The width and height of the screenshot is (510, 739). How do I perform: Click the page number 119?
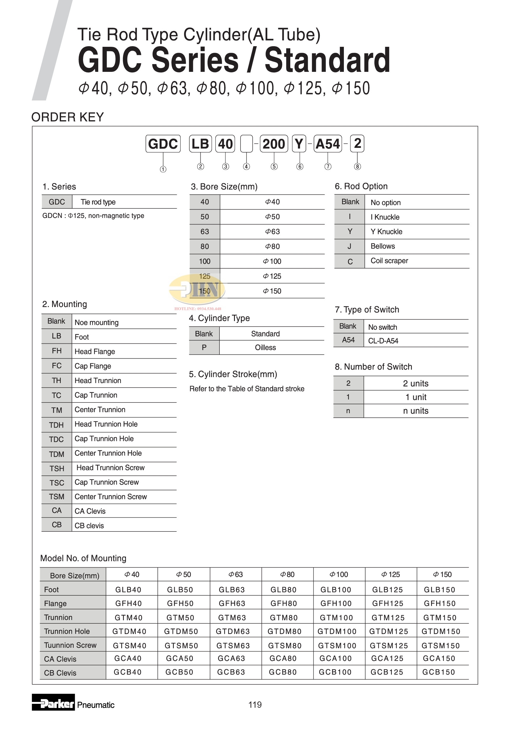(x=255, y=704)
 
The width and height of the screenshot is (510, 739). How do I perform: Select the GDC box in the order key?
(x=163, y=144)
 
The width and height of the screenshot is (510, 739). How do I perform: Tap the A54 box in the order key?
(x=327, y=144)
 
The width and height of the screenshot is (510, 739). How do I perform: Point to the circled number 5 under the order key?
(x=274, y=166)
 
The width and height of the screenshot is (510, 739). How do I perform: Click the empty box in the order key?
(x=247, y=144)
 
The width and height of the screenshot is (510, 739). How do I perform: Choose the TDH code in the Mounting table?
(x=56, y=425)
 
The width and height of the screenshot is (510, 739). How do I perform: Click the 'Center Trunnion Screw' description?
(x=110, y=497)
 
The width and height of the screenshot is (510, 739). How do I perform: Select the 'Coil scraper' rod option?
(x=389, y=261)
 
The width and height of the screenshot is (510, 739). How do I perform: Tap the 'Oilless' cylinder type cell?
(x=265, y=347)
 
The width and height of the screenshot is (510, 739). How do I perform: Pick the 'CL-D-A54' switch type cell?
(x=383, y=341)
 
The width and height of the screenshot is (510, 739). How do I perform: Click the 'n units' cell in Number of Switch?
(x=415, y=411)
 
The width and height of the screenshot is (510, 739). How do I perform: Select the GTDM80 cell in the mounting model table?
(x=284, y=631)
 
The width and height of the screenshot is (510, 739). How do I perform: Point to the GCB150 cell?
(x=439, y=672)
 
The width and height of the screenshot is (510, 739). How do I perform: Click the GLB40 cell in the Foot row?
(x=128, y=590)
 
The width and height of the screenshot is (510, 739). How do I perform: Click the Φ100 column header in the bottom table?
(x=339, y=574)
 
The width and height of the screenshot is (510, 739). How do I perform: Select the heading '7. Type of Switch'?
(x=367, y=309)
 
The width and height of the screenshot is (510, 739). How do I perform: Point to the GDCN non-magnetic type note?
(x=93, y=216)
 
